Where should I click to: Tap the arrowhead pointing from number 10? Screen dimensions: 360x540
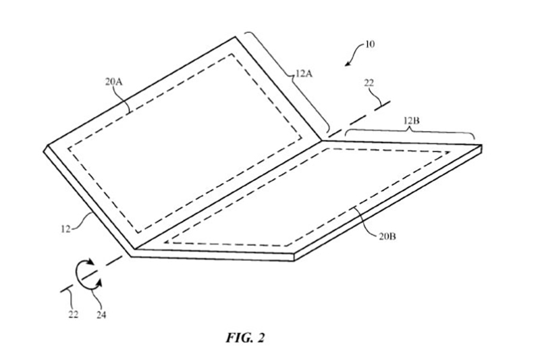[346, 63]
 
